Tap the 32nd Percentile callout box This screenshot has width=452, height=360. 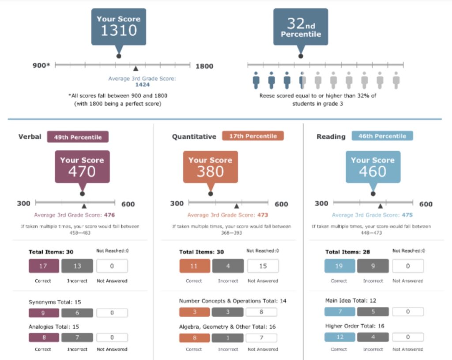pyautogui.click(x=301, y=27)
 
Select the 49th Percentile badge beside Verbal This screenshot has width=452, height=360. pyautogui.click(x=78, y=137)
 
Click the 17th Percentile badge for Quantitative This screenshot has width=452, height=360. pyautogui.click(x=253, y=136)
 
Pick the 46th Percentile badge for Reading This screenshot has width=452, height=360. pyautogui.click(x=382, y=136)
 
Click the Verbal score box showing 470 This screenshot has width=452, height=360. pyautogui.click(x=82, y=166)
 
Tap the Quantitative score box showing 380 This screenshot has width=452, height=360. pyautogui.click(x=210, y=166)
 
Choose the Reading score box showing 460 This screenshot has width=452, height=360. pyautogui.click(x=373, y=166)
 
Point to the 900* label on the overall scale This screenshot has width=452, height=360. pyautogui.click(x=41, y=66)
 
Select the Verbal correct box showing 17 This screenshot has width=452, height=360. pyautogui.click(x=44, y=266)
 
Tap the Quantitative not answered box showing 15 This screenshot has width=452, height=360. pyautogui.click(x=263, y=266)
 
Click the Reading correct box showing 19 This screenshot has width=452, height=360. pyautogui.click(x=339, y=266)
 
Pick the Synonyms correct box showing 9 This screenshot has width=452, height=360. pyautogui.click(x=44, y=313)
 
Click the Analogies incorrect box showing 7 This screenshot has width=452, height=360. pyautogui.click(x=77, y=337)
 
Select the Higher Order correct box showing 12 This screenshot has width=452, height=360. pyautogui.click(x=339, y=337)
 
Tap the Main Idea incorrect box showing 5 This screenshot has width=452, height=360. pyautogui.click(x=373, y=312)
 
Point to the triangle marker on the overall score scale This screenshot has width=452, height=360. pyautogui.click(x=136, y=68)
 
